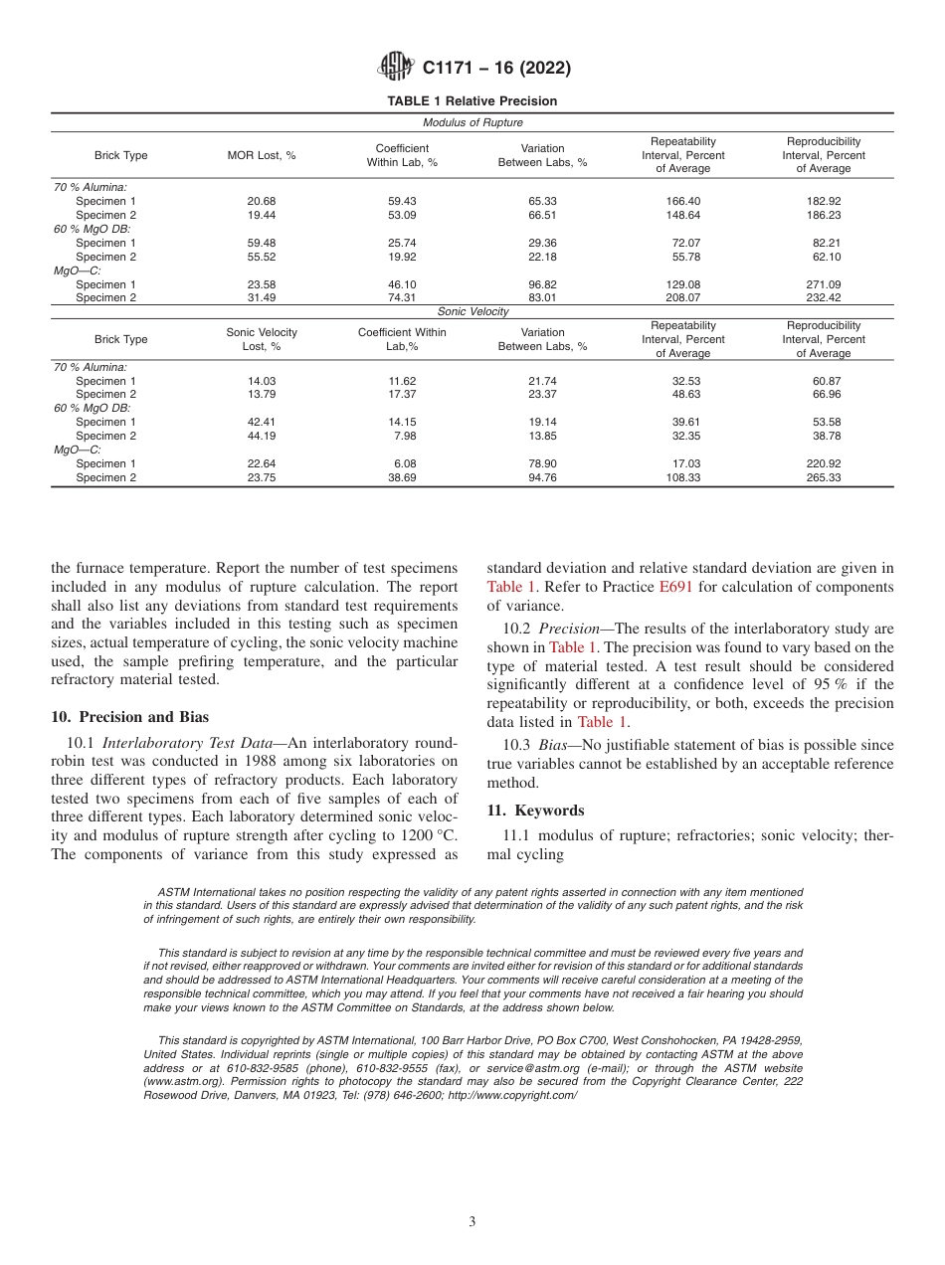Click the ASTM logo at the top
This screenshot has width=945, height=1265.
click(x=396, y=68)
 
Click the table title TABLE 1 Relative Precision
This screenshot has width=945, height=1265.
click(x=472, y=101)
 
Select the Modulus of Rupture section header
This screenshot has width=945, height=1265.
click(x=472, y=123)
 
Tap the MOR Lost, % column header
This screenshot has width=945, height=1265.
click(x=262, y=156)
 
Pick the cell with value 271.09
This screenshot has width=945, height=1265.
click(x=824, y=284)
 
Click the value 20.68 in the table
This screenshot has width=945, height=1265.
click(x=262, y=201)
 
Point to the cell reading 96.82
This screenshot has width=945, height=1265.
click(x=542, y=284)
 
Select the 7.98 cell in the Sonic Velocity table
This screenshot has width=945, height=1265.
click(x=402, y=436)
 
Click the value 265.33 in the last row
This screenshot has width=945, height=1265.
click(x=824, y=477)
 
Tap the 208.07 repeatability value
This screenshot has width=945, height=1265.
click(x=682, y=297)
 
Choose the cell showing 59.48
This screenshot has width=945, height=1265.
click(x=262, y=243)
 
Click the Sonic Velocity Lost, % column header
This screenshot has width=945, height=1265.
click(x=262, y=339)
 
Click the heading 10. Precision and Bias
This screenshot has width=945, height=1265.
click(x=129, y=717)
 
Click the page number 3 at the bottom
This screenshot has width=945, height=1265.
click(x=472, y=1221)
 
